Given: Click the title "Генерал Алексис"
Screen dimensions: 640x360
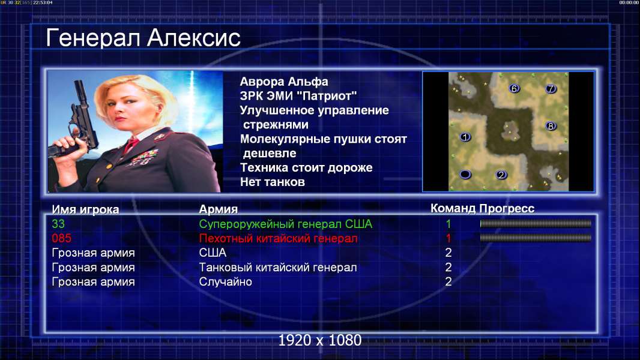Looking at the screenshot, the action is click(143, 38).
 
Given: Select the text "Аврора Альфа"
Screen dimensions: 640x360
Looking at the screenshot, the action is click(283, 82).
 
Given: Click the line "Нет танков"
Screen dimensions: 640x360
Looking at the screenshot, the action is click(273, 182).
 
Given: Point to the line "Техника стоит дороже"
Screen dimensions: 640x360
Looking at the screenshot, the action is click(306, 167).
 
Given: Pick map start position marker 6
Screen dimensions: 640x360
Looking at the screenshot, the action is click(515, 88).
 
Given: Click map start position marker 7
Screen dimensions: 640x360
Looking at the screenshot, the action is click(551, 88).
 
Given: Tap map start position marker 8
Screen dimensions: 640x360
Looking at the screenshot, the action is click(551, 126).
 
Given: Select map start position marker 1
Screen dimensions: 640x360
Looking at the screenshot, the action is click(465, 137).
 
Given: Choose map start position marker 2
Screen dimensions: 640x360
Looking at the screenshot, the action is click(501, 175).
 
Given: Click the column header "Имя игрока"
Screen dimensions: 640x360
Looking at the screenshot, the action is click(85, 209).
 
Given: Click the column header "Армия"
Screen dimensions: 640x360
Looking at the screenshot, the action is click(219, 209).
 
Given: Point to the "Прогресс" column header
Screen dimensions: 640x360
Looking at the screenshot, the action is click(507, 209).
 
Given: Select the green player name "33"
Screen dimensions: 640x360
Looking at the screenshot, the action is click(58, 224).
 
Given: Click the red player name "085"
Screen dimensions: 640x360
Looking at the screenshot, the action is click(62, 238).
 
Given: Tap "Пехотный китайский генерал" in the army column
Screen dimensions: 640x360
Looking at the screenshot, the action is click(279, 239).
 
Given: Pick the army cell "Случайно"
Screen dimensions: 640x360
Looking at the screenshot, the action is click(225, 282).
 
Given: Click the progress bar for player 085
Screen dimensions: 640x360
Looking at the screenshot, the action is click(536, 238).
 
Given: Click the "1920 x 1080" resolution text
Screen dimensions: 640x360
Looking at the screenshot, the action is click(320, 340).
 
